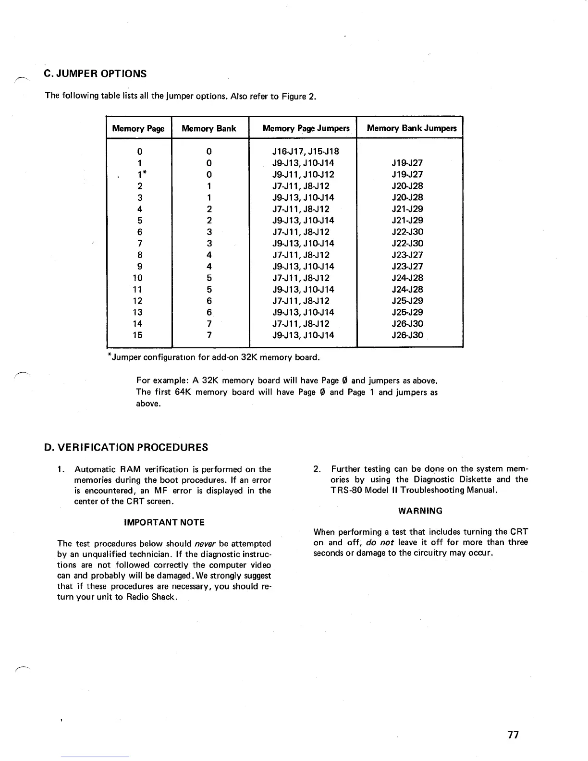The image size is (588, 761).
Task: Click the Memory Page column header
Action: tap(138, 128)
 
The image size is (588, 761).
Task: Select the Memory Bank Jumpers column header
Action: tap(411, 128)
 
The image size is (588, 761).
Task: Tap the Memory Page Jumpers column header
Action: tap(306, 128)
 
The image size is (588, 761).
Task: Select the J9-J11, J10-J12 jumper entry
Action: tap(303, 174)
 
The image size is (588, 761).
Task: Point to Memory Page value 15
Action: tap(137, 335)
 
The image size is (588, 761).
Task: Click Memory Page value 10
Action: tap(137, 278)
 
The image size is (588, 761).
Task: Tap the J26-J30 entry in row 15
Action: tap(407, 335)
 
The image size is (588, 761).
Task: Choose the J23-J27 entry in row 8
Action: tap(407, 255)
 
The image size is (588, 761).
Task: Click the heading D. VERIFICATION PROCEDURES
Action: tap(126, 447)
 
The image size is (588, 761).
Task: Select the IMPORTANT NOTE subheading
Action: tap(164, 522)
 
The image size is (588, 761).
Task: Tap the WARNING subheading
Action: tap(420, 511)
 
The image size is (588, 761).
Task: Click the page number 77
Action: tap(514, 735)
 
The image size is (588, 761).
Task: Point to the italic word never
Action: tap(205, 543)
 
